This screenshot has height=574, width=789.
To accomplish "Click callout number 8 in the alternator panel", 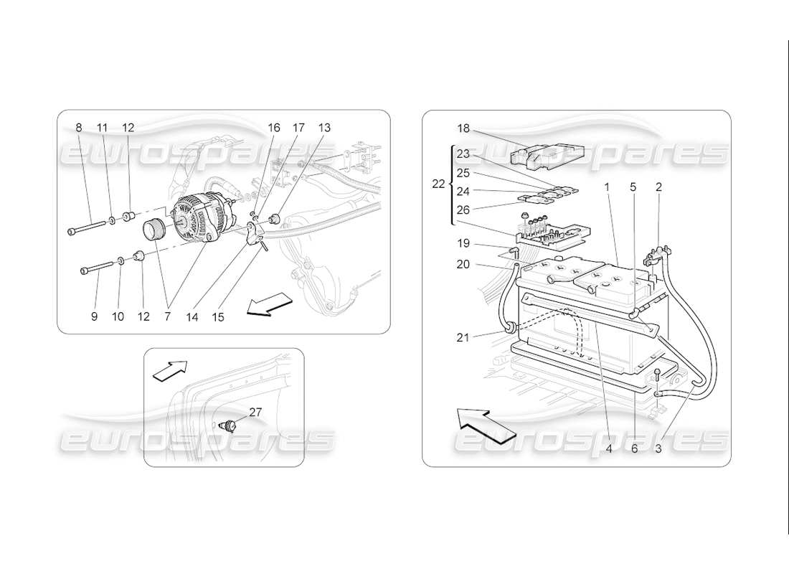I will pos(79,128).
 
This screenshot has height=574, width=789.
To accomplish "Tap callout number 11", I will pos(102,128).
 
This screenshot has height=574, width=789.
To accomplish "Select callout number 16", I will pos(274,128).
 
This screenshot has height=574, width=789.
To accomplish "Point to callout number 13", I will pos(324,128).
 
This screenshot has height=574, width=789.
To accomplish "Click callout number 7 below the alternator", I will pos(168,316).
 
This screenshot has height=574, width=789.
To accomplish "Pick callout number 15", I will pos(217,316).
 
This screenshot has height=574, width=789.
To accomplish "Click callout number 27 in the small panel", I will pos(255,412).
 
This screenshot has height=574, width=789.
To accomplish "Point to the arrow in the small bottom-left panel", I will pos(169,370).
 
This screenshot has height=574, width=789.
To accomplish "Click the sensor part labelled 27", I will pos(230,425).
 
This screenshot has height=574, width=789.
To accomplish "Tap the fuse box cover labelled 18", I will pos(545,152).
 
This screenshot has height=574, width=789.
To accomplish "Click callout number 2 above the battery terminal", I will pos(658,187).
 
